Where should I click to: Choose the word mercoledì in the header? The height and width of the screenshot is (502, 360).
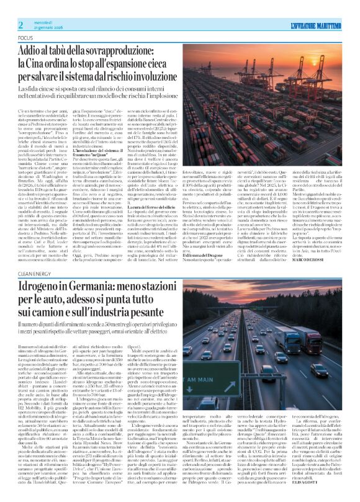point(41,5)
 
